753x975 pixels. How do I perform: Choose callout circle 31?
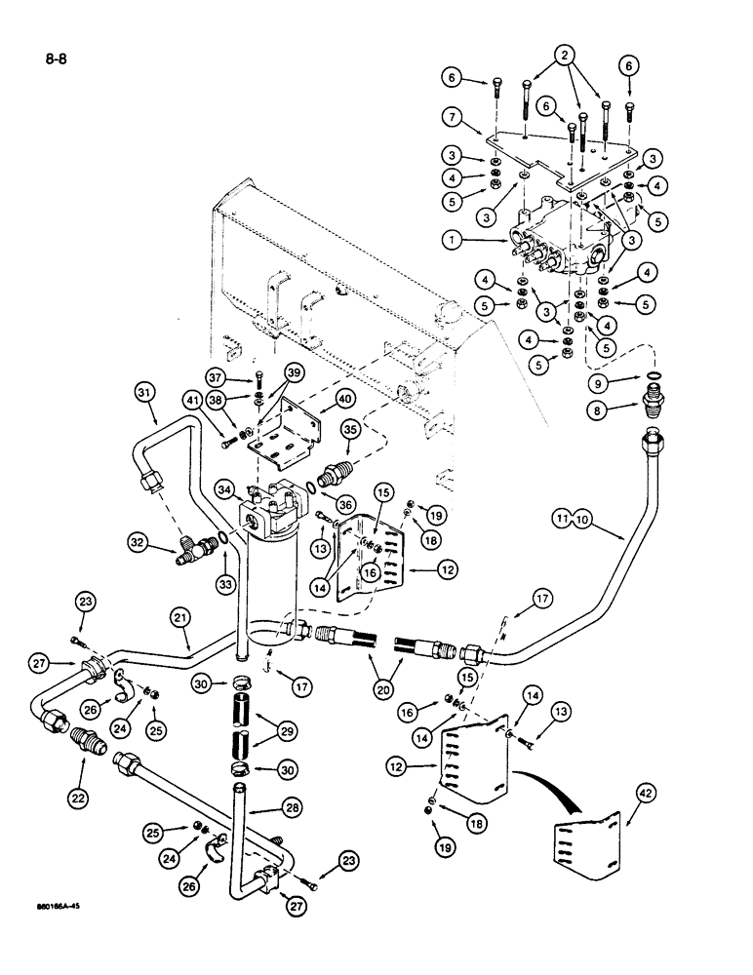[145, 392]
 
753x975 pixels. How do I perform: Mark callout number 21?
[178, 618]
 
